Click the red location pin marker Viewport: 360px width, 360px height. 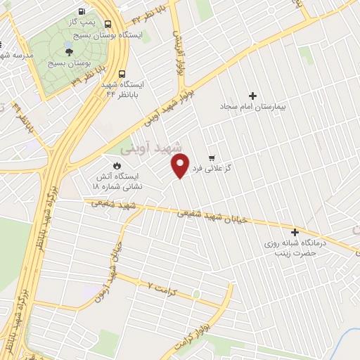181,165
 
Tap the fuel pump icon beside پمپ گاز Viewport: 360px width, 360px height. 82,12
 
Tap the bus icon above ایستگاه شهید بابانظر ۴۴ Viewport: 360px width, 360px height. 123,73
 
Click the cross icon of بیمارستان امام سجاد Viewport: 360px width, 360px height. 253,95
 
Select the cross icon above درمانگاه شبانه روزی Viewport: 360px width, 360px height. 295,232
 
